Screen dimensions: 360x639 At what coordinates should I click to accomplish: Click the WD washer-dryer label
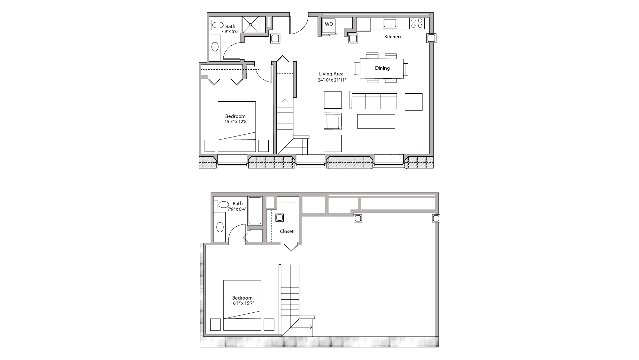coord(329,24)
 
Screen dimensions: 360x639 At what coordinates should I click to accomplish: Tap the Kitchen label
coord(392,37)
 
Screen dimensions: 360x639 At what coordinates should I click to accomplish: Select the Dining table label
coord(382,68)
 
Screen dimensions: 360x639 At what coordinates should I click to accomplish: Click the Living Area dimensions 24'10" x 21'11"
coord(332,80)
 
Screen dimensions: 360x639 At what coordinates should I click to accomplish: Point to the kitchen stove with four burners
coord(417,23)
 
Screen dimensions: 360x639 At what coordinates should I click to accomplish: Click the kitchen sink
coord(390,23)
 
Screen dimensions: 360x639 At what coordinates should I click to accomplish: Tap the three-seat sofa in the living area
coord(374,100)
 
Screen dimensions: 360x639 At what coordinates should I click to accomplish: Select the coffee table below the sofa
coord(376,121)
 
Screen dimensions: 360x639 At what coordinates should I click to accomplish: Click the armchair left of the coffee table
coord(333,121)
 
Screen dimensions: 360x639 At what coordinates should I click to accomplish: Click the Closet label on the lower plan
coord(287,231)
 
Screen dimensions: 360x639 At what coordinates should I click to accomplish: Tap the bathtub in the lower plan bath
coord(255,211)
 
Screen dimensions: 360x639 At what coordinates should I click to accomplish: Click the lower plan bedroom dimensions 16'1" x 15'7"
coord(243,303)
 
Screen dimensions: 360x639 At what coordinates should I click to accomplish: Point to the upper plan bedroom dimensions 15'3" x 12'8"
coord(236,122)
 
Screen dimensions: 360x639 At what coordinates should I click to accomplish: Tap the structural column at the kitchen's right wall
coord(431,38)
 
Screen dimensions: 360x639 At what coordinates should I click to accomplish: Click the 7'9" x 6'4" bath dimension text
coord(237,209)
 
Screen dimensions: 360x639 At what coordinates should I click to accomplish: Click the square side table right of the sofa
coord(413,102)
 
